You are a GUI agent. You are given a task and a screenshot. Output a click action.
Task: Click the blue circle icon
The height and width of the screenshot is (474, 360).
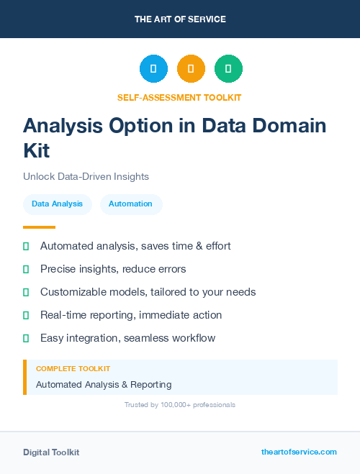tap(153, 69)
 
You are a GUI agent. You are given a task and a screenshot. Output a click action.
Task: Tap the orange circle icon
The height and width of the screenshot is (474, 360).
tap(191, 69)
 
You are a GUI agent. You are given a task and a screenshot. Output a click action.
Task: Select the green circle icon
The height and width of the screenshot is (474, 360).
tap(228, 69)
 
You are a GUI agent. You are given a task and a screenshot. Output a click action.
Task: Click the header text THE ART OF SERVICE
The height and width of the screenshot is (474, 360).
tap(180, 19)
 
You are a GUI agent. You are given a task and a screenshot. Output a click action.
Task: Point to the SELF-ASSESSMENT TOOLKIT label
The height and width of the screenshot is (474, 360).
tap(179, 97)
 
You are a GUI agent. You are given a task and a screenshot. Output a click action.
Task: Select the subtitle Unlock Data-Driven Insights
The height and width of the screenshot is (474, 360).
tap(86, 176)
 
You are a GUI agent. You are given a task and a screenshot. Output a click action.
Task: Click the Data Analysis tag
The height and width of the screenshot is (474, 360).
tap(58, 204)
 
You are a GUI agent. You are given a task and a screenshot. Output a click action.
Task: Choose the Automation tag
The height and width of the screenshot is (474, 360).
tap(130, 204)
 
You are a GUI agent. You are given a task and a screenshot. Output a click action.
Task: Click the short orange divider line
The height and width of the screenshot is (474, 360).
tap(39, 227)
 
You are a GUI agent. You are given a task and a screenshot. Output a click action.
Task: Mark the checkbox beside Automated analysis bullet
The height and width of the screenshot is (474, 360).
tap(26, 247)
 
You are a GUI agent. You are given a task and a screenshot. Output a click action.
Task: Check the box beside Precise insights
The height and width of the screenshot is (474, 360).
tap(26, 270)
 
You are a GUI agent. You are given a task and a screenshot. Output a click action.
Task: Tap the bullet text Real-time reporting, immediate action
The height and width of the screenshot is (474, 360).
tap(131, 315)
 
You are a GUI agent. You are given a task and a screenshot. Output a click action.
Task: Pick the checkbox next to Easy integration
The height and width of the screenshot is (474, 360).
tap(26, 338)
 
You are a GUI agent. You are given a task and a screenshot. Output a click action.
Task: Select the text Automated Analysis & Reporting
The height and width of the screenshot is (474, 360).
tap(104, 385)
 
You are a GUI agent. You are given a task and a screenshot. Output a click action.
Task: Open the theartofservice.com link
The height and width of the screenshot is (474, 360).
tap(299, 452)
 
